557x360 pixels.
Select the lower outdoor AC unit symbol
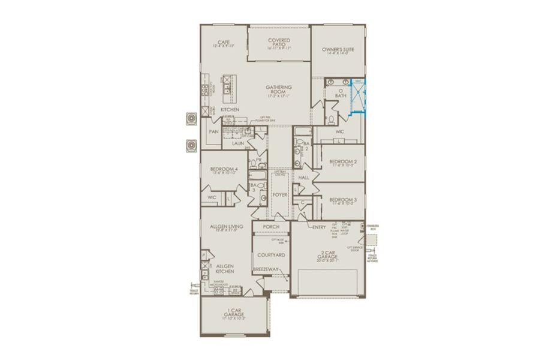(192, 146)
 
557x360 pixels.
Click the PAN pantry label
(213, 131)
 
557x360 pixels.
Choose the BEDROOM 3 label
(343, 200)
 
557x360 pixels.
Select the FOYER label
(280, 195)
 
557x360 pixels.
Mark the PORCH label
(271, 227)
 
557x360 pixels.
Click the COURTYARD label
(271, 254)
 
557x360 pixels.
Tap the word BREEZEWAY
(267, 269)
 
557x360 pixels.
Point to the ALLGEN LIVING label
(225, 227)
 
